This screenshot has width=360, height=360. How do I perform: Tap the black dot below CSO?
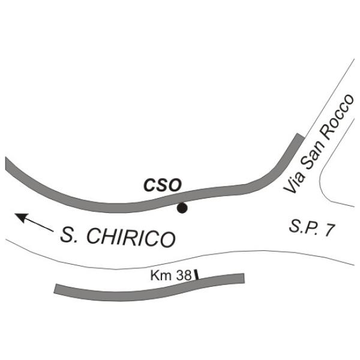tap(182, 208)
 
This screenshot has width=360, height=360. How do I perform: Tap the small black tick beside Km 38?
tap(196, 274)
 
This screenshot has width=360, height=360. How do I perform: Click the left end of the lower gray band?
tap(57, 289)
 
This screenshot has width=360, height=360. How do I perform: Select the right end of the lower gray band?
tap(242, 278)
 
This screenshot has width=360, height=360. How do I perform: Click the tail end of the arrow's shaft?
tap(52, 230)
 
